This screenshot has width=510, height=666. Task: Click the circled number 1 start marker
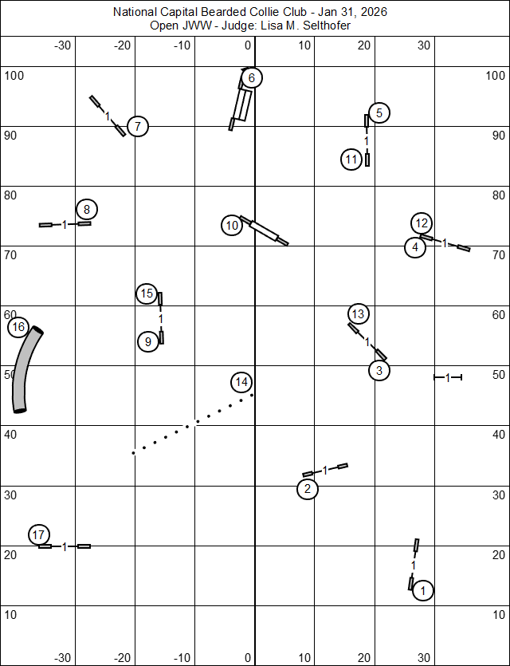click(x=423, y=590)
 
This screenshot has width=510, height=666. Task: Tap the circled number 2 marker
click(x=308, y=489)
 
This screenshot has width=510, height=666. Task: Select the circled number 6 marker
click(x=251, y=77)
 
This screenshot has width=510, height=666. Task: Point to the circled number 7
click(x=138, y=126)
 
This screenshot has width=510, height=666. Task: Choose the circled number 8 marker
click(x=87, y=210)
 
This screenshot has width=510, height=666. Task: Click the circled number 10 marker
click(x=232, y=226)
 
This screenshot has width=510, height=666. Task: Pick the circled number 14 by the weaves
click(x=241, y=382)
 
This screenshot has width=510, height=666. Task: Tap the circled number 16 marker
click(x=18, y=327)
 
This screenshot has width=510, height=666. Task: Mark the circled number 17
click(x=39, y=534)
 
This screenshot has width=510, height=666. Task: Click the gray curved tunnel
click(x=25, y=371)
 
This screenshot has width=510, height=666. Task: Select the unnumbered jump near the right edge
click(x=448, y=376)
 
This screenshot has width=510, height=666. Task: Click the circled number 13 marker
click(x=358, y=313)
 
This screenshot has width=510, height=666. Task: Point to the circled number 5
click(x=379, y=112)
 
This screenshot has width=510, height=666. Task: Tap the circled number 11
click(x=351, y=160)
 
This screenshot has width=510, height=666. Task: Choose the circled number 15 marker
click(x=146, y=294)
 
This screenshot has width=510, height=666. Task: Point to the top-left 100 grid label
click(x=15, y=76)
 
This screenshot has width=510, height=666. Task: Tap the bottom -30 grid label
click(x=63, y=658)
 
